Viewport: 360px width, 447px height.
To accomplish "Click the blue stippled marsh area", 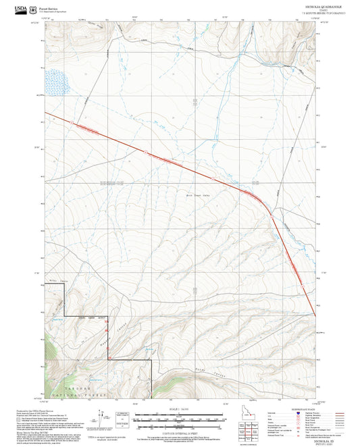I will coord(58,82).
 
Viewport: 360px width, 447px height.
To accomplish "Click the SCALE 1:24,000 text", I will coord(178,410).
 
